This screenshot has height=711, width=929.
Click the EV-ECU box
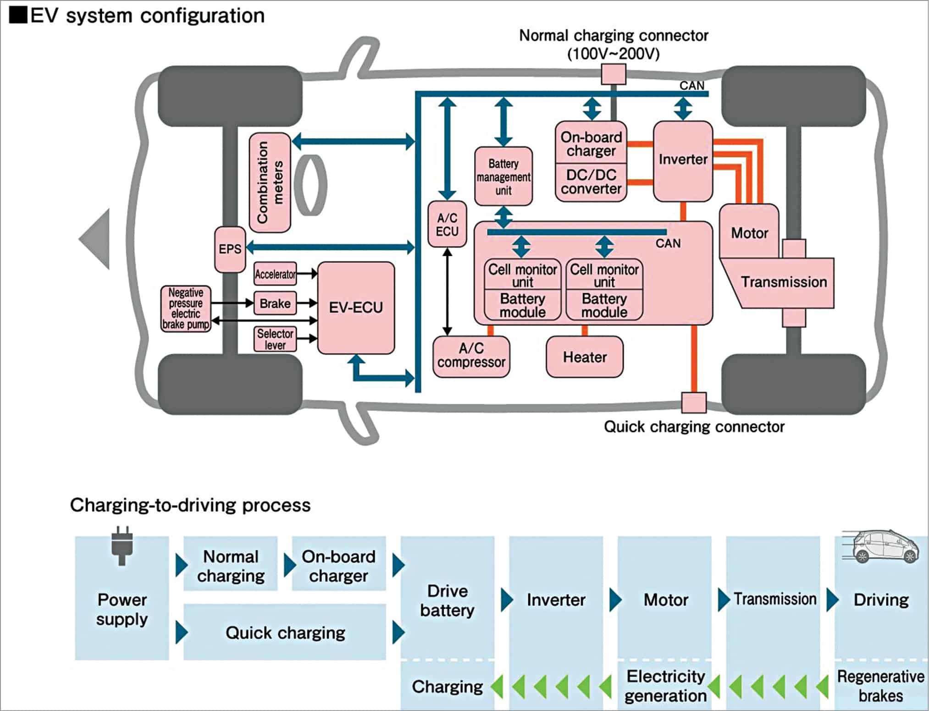tap(356, 308)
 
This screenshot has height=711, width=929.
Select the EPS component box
tap(230, 249)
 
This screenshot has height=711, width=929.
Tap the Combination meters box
tap(270, 182)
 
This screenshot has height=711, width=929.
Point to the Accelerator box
tap(275, 274)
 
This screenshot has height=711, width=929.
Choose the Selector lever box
tap(275, 339)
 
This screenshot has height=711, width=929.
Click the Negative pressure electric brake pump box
tap(186, 309)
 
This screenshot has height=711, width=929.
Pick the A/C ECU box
tap(447, 225)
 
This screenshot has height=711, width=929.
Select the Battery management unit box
tap(503, 176)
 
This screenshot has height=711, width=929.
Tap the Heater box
tap(585, 357)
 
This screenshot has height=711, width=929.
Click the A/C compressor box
tap(471, 356)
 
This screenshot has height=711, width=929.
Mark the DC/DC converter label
tap(591, 182)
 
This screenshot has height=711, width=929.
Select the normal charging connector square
tap(614, 74)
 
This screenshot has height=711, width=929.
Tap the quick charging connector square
tap(694, 402)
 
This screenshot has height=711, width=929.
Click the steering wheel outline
tap(310, 185)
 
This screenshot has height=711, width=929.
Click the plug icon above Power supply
tap(122, 546)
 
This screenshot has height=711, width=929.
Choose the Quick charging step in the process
tap(285, 633)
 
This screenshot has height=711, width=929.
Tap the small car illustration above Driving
tap(880, 546)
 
